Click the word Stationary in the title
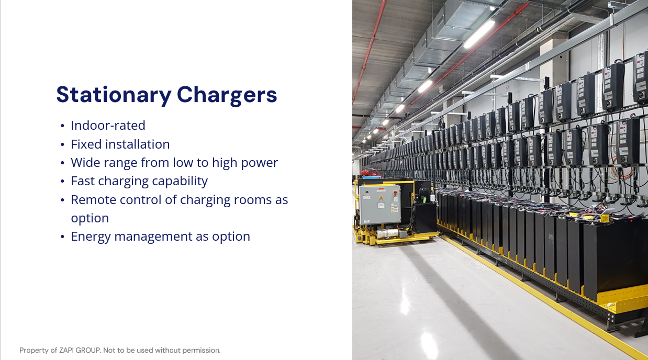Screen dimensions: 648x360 pos(114,95)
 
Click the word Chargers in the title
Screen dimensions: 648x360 pos(227,95)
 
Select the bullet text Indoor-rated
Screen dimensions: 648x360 pos(108,126)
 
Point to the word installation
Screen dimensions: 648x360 pos(138,144)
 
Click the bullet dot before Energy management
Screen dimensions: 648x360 pos(62,237)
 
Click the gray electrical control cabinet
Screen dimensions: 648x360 pos(379,205)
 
